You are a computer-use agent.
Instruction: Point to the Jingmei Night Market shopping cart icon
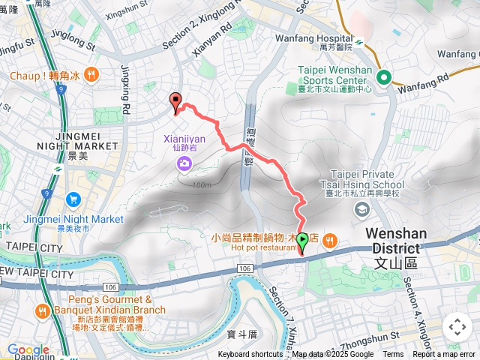(x=73, y=199)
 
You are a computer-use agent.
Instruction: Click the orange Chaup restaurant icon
(x=91, y=73)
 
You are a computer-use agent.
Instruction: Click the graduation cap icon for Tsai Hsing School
(x=362, y=209)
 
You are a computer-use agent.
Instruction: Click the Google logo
(x=28, y=349)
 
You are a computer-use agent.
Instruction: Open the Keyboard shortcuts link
(x=250, y=355)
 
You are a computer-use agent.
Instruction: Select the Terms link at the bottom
(x=393, y=355)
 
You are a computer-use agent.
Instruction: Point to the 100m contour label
(x=201, y=184)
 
